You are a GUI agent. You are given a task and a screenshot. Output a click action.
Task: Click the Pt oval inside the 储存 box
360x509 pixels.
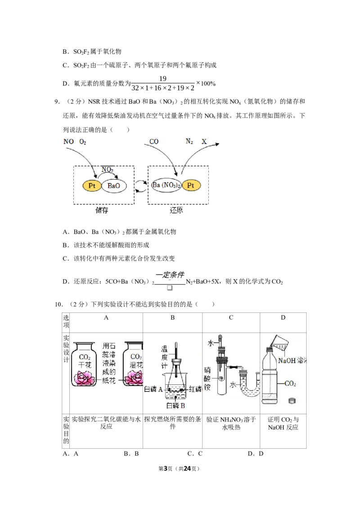coord(92,186)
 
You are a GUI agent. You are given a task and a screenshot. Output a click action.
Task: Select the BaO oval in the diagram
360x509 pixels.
coord(114,186)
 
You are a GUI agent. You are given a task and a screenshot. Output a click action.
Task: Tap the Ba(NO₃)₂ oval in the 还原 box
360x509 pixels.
coord(166,185)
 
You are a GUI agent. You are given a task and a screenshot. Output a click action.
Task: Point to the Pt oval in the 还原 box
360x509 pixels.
coord(191,185)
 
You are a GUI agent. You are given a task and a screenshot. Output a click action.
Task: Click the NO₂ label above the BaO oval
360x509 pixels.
coord(107,170)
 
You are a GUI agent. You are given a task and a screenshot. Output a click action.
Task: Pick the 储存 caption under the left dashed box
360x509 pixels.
coord(102,210)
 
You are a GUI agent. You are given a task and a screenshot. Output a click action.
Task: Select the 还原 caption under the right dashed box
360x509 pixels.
coord(176,210)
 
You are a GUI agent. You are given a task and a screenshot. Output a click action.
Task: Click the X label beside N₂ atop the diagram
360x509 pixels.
coord(204,142)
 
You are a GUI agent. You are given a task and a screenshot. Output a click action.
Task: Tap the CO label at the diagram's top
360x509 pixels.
coord(154,142)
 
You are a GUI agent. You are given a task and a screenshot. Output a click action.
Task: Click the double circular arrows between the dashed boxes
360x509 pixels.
coord(141,186)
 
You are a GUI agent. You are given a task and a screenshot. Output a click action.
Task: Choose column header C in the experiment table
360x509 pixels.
coord(231,317)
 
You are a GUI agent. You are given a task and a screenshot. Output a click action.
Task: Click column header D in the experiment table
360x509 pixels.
coord(283,317)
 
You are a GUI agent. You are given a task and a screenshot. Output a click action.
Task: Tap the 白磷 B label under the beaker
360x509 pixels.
coord(175,406)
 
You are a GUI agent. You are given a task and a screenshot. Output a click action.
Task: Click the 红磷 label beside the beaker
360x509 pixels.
coord(195,389)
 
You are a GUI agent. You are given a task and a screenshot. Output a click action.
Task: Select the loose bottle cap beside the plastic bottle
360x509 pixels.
coord(292,401)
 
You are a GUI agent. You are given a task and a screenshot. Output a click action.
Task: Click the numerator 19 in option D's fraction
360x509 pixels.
coord(163,79)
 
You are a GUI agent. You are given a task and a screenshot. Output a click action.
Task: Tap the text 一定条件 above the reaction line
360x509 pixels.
coord(170,275)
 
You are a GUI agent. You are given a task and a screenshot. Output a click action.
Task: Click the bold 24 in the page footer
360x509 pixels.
coord(187,469)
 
